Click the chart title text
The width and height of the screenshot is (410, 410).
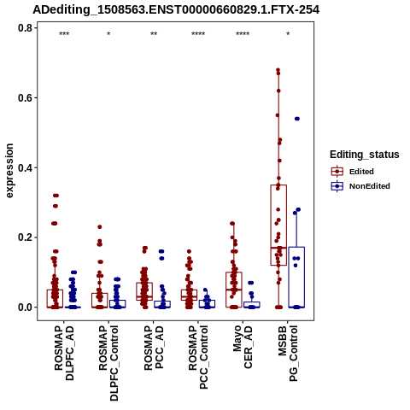176,10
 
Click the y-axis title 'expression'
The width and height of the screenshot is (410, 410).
9,171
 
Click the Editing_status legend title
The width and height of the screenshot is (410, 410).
365,155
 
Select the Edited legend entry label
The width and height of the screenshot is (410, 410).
361,172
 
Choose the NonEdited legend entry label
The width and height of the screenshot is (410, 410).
370,186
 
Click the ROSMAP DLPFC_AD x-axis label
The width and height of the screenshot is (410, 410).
64,353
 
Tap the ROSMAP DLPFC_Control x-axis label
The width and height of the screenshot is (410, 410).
108,363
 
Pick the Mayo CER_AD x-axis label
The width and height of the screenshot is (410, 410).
243,347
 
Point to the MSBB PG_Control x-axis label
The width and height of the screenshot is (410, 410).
288,353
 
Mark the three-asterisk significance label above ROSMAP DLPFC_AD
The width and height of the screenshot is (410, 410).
64,34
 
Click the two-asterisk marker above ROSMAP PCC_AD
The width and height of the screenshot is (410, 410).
154,34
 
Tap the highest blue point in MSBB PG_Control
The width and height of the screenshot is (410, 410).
297,119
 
